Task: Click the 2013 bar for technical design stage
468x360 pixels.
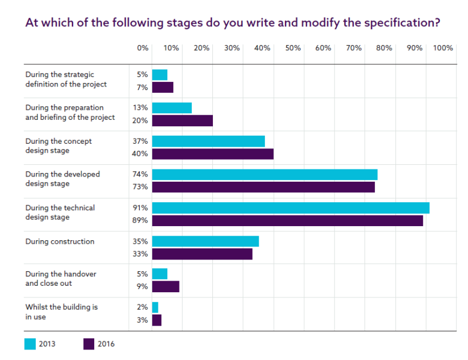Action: coord(291,208)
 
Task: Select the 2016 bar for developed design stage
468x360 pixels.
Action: coord(263,187)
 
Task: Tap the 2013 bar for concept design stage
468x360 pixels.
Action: coord(208,141)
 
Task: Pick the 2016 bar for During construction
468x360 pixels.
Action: coord(202,254)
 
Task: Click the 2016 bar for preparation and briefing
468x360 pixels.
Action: coord(183,120)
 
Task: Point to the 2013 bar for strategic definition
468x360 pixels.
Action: coord(160,75)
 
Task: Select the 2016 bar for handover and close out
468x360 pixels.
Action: coord(166,287)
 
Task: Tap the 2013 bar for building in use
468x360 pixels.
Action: coord(155,307)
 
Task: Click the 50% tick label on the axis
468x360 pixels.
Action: coord(293,49)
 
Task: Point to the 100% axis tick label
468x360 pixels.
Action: coord(443,49)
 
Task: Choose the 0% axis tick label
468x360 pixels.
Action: coord(143,49)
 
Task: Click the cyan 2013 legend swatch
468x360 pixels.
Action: coord(30,344)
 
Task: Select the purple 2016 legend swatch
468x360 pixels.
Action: coord(89,344)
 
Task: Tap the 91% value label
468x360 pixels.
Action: coord(140,208)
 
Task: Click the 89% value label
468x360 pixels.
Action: coord(140,221)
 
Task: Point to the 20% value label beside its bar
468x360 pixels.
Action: coord(140,120)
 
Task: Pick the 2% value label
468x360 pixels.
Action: coord(142,307)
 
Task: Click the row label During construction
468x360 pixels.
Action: coord(60,241)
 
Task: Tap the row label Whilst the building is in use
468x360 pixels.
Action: coord(61,312)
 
